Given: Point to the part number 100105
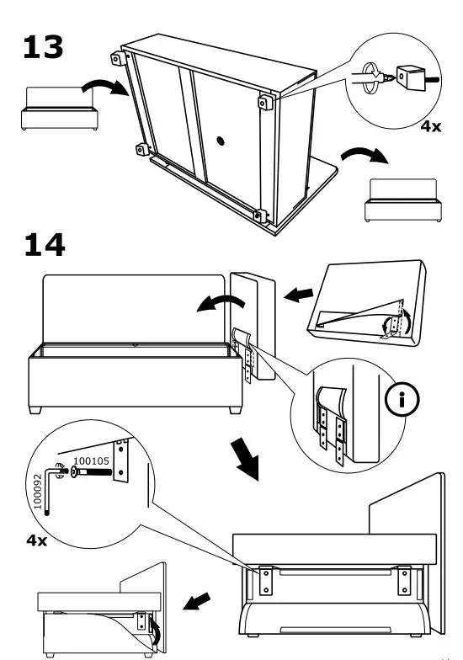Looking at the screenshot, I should [93, 461].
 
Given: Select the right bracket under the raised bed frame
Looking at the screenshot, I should [405, 579].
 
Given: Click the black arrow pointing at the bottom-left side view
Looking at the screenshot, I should [200, 603].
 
